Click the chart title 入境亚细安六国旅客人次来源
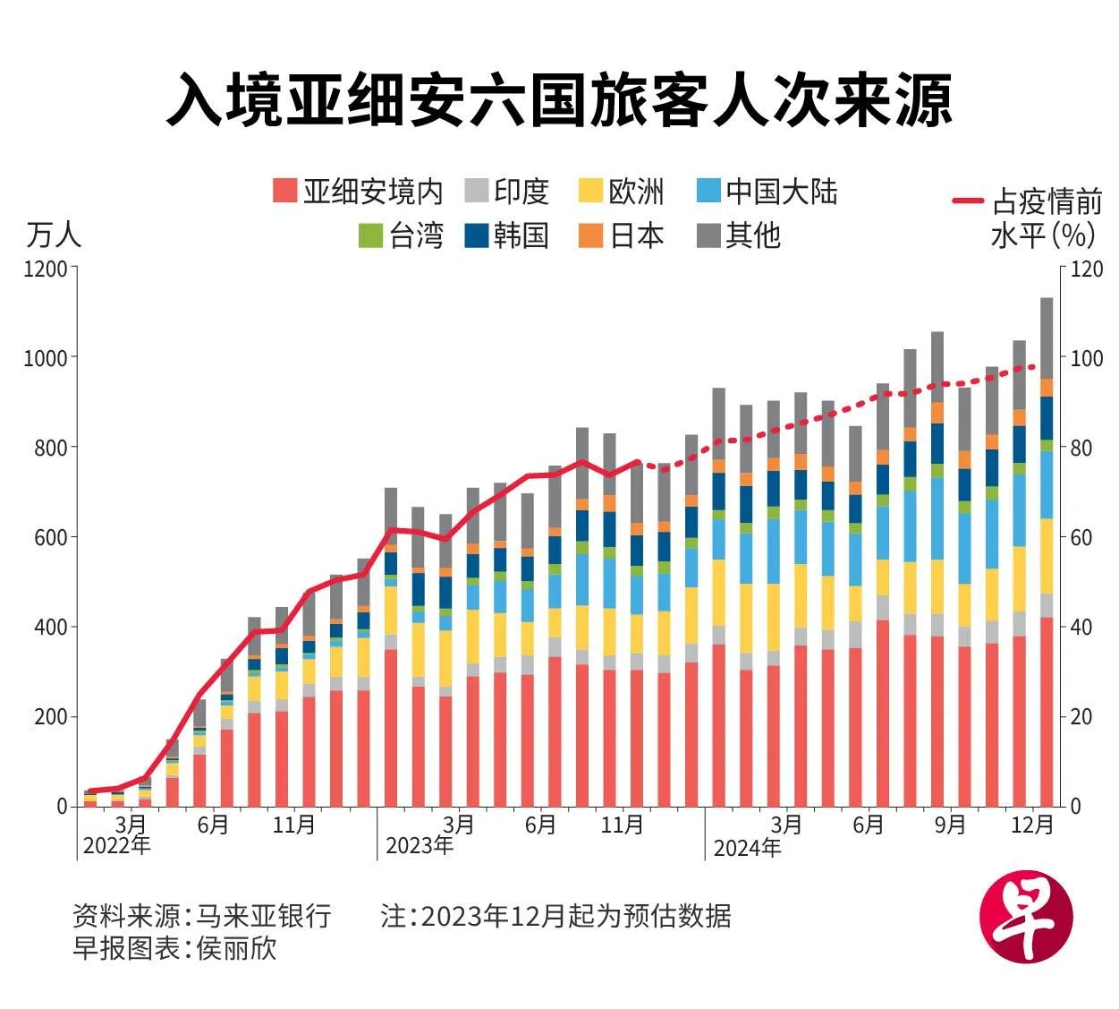pyautogui.click(x=559, y=100)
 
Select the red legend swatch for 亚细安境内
pyautogui.click(x=284, y=191)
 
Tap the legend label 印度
pyautogui.click(x=521, y=191)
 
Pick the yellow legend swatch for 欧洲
pyautogui.click(x=590, y=191)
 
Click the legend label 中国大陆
pyautogui.click(x=781, y=191)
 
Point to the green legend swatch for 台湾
pyautogui.click(x=369, y=235)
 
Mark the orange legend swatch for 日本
pyautogui.click(x=590, y=235)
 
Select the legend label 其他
pyautogui.click(x=753, y=235)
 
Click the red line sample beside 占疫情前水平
pyautogui.click(x=968, y=202)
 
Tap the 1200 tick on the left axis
pyautogui.click(x=46, y=268)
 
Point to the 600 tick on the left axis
pyautogui.click(x=51, y=537)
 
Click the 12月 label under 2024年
pyautogui.click(x=1032, y=825)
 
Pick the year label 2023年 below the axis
pyautogui.click(x=419, y=846)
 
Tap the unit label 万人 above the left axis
pyautogui.click(x=54, y=235)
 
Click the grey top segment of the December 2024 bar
pyautogui.click(x=1046, y=338)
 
